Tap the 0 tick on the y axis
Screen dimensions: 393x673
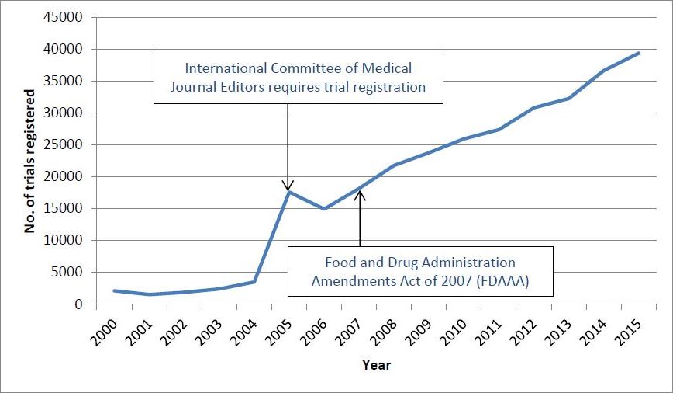[80, 304]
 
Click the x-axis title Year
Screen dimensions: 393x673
[376, 365]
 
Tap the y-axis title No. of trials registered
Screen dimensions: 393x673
[30, 161]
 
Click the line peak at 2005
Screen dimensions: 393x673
[288, 192]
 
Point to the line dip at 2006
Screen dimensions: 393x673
[324, 209]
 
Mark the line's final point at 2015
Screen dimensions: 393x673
[639, 53]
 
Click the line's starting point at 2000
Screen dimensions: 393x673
[115, 290]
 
